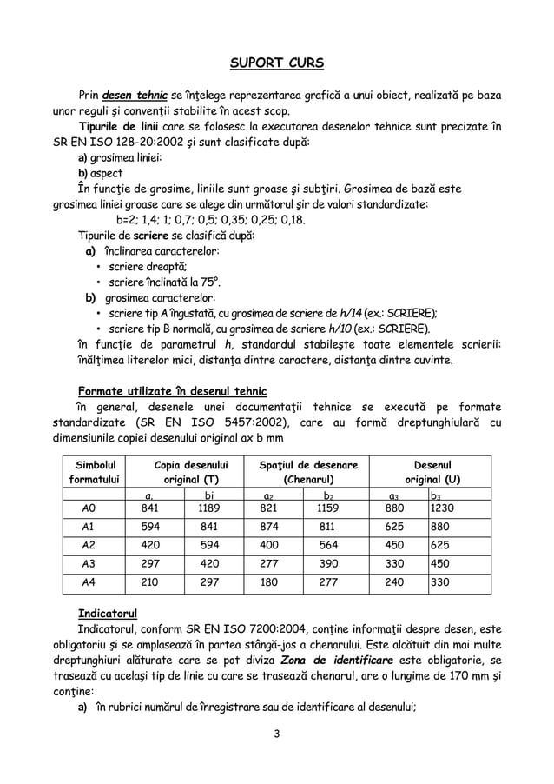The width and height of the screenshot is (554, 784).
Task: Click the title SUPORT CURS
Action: pos(277,63)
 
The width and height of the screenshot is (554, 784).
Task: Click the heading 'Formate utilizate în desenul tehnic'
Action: pos(172,389)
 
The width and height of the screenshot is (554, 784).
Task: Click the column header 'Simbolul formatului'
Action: pos(96,472)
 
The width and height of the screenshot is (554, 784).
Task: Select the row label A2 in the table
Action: pos(88,546)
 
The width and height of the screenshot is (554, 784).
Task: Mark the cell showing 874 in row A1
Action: pos(272,527)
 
